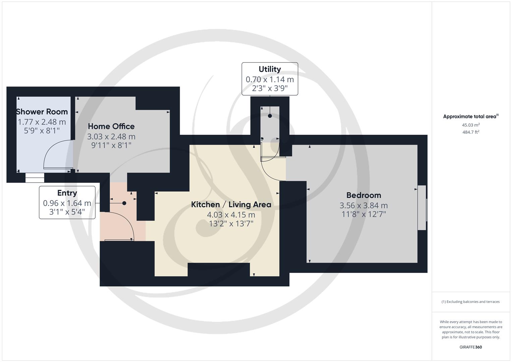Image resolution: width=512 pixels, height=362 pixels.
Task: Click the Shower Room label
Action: pyautogui.click(x=42, y=112)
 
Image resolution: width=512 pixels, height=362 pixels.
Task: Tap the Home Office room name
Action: pyautogui.click(x=111, y=126)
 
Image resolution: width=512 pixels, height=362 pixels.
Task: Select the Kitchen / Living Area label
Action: pyautogui.click(x=231, y=204)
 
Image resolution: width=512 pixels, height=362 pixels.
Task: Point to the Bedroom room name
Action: pyautogui.click(x=363, y=195)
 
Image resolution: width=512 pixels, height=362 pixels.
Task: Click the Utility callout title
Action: pyautogui.click(x=270, y=69)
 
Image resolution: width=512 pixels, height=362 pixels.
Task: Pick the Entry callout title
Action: pyautogui.click(x=67, y=193)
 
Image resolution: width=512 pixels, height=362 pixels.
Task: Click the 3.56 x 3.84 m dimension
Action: pyautogui.click(x=363, y=205)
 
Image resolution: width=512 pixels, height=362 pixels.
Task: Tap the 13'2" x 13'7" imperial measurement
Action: pyautogui.click(x=231, y=224)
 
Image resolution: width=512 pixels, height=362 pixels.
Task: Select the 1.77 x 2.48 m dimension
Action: pyautogui.click(x=42, y=122)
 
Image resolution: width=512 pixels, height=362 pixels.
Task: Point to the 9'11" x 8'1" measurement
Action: pyautogui.click(x=111, y=145)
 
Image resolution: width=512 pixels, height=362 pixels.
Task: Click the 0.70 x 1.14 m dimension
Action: pyautogui.click(x=270, y=79)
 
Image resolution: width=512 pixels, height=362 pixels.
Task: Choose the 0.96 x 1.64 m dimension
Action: pyautogui.click(x=67, y=203)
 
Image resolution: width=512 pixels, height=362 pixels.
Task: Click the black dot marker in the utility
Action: pyautogui.click(x=270, y=116)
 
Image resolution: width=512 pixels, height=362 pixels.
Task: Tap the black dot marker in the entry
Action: pyautogui.click(x=124, y=203)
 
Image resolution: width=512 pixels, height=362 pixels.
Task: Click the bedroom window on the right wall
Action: pyautogui.click(x=422, y=208)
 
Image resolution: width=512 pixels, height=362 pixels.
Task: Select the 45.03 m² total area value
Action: pyautogui.click(x=471, y=125)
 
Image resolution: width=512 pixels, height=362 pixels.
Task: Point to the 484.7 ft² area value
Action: pyautogui.click(x=471, y=132)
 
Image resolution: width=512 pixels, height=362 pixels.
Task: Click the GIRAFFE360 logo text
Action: pyautogui.click(x=470, y=347)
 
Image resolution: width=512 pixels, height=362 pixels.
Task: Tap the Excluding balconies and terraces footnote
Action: pyautogui.click(x=470, y=302)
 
